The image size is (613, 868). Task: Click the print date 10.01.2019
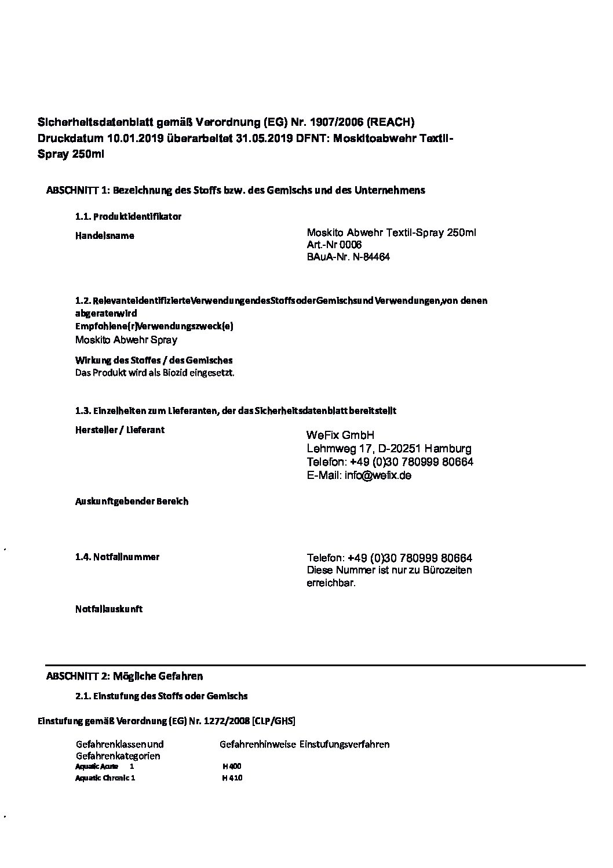click(136, 139)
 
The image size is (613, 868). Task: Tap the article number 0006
click(351, 245)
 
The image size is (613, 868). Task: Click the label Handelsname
click(105, 236)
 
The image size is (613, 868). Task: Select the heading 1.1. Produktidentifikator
click(128, 217)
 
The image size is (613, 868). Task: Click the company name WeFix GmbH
click(341, 435)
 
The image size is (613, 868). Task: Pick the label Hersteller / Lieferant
click(120, 430)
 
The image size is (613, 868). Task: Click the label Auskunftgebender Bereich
click(132, 502)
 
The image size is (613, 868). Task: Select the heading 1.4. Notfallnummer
click(117, 557)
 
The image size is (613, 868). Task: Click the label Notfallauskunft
click(109, 609)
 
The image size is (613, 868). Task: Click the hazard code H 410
click(232, 778)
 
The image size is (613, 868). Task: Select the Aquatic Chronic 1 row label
click(105, 778)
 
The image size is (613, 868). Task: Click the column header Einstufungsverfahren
click(344, 744)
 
